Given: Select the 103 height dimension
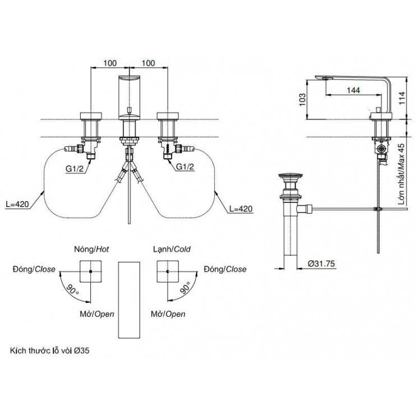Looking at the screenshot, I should [x=302, y=99].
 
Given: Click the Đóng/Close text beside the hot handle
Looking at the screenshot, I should [x=33, y=269].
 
